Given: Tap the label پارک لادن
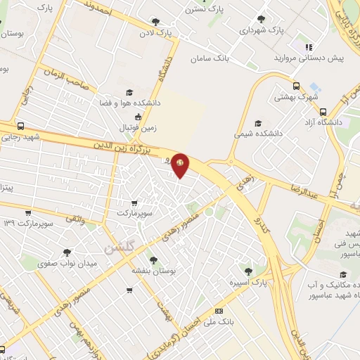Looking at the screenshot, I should point(155,33).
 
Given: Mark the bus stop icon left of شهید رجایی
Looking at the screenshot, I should point(20,127).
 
